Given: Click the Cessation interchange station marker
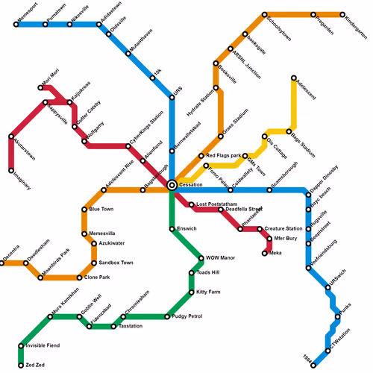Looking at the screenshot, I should pyautogui.click(x=172, y=184).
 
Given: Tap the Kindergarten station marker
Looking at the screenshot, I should pyautogui.click(x=343, y=15).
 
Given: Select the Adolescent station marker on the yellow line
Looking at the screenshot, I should pyautogui.click(x=294, y=78).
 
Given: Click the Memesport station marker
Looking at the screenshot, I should pyautogui.click(x=16, y=25).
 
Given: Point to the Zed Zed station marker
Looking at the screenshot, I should pyautogui.click(x=21, y=366).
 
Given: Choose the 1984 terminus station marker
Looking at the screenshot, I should pyautogui.click(x=314, y=366).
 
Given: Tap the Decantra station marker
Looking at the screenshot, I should pyautogui.click(x=1, y=263).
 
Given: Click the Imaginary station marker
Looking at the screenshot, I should pyautogui.click(x=11, y=171).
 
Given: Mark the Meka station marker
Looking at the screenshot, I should pyautogui.click(x=264, y=254).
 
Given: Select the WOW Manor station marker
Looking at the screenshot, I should pyautogui.click(x=201, y=258).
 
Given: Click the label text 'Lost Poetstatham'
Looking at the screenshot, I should pyautogui.click(x=216, y=204).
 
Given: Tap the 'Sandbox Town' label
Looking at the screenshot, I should pyautogui.click(x=116, y=263).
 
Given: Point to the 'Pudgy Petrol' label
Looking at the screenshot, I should pyautogui.click(x=187, y=317).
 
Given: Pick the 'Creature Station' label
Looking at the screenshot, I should pyautogui.click(x=283, y=229).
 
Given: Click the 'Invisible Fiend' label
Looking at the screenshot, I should pyautogui.click(x=43, y=346).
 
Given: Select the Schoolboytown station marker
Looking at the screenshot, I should pyautogui.click(x=264, y=15).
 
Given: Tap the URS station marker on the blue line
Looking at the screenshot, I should pyautogui.click(x=172, y=97).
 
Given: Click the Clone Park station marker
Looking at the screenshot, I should pyautogui.click(x=80, y=278).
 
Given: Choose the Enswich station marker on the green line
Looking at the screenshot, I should pyautogui.click(x=172, y=229).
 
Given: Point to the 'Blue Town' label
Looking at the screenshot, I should pyautogui.click(x=101, y=210).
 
